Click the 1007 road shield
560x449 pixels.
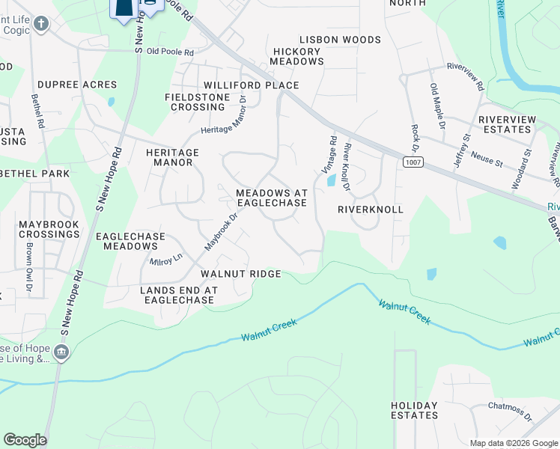point(410,162)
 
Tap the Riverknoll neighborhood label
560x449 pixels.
point(371,210)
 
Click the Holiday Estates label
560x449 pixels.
point(414,410)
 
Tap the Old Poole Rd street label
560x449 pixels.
point(170,52)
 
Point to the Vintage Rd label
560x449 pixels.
point(329,154)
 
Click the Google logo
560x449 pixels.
point(25,440)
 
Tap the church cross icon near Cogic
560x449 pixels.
point(40,24)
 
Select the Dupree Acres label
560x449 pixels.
point(77,85)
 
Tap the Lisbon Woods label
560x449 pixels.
point(340,39)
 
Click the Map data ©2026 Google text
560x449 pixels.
point(513,443)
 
